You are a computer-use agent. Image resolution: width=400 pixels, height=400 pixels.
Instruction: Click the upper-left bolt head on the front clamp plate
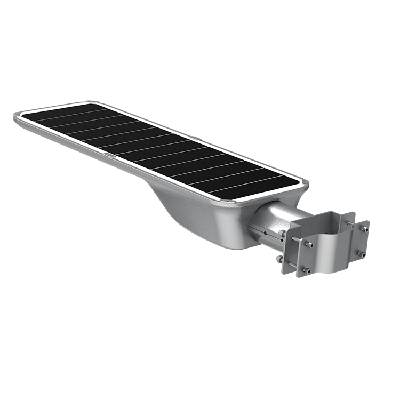[309, 245]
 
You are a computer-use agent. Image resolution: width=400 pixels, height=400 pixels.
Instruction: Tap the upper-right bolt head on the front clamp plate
[364, 229]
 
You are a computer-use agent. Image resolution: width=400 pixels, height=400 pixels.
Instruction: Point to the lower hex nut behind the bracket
[278, 259]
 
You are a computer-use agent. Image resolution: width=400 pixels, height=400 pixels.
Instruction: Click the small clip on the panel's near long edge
[109, 155]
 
